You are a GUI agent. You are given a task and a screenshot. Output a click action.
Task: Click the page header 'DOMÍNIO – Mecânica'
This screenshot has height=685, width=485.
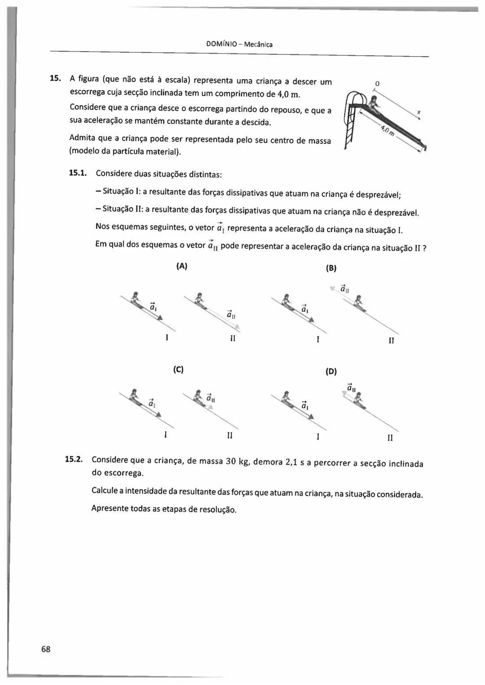(239, 44)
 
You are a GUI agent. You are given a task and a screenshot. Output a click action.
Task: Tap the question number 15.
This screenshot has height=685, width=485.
(55, 79)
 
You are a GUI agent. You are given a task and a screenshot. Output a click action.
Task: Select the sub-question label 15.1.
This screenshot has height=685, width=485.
(77, 172)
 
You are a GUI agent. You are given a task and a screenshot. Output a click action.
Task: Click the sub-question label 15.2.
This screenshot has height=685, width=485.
(74, 459)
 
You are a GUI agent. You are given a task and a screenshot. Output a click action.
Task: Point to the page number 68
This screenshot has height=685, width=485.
(46, 649)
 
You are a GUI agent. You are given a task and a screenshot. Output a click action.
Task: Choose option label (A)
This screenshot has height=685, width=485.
(181, 266)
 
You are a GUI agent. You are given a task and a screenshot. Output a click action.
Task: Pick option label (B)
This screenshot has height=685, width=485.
(331, 268)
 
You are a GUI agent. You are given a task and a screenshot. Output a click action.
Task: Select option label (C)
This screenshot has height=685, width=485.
(178, 370)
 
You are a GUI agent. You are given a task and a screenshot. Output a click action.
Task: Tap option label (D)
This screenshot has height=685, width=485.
(331, 371)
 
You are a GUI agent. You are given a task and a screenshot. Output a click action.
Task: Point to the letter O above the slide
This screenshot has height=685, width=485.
(377, 84)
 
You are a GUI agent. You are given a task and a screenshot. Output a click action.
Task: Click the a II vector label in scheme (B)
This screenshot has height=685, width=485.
(345, 289)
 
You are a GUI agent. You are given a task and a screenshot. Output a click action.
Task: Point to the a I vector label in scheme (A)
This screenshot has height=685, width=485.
(153, 307)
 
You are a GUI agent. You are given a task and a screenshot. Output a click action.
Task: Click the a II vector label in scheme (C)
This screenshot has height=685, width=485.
(211, 398)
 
